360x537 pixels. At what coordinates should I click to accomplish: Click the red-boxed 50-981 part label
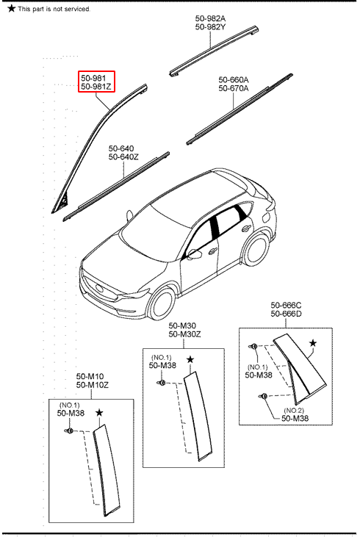[93, 79]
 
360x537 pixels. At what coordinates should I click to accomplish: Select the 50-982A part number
[210, 18]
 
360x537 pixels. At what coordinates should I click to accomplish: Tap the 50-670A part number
[234, 88]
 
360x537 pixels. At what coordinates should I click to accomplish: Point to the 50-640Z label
[123, 157]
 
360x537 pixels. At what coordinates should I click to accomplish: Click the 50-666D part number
[286, 314]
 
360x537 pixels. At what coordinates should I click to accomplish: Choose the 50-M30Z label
[184, 334]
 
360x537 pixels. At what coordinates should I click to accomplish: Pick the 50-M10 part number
[90, 376]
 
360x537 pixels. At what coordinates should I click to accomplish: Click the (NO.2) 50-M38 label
[295, 414]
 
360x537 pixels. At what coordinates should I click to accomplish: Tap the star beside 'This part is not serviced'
[11, 8]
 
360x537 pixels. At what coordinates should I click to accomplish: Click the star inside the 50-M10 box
[99, 413]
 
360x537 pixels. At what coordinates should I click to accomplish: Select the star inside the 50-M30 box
[190, 360]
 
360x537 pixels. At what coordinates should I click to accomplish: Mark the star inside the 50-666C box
[313, 343]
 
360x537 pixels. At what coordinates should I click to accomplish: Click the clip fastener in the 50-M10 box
[69, 430]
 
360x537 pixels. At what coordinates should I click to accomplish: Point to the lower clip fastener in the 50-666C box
[263, 396]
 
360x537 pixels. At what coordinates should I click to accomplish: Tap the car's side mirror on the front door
[195, 253]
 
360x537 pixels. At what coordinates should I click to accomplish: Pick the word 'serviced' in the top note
[78, 9]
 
